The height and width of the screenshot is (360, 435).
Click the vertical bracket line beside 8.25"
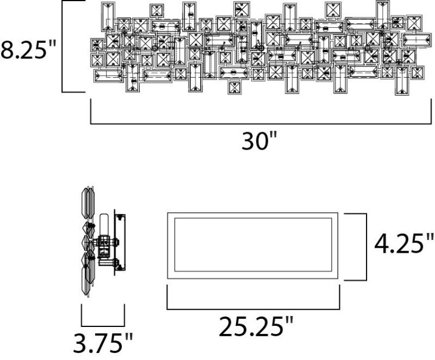coord(63,46)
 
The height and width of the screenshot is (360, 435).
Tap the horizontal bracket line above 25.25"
coord(253,309)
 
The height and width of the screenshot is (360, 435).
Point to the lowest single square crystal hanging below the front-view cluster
coord(234,88)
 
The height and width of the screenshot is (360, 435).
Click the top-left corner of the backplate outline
coord(168,213)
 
